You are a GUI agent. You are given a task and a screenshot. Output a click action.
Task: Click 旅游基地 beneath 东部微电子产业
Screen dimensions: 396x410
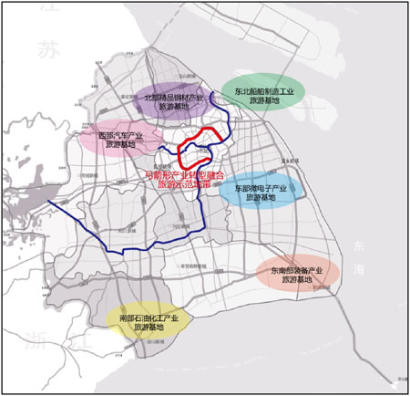click(x=261, y=199)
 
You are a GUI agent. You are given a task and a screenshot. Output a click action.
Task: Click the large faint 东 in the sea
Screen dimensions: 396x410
click(x=356, y=245)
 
